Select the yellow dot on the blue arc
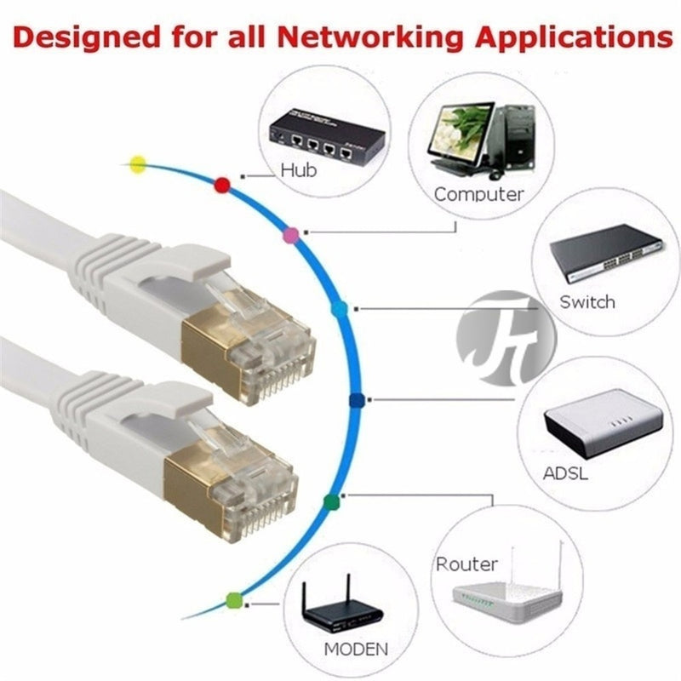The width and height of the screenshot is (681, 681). click(136, 163)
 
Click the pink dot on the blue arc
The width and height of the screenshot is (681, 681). click(290, 233)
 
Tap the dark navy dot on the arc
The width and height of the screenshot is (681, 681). click(357, 399)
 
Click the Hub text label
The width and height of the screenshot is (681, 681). click(298, 170)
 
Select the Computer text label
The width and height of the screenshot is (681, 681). click(479, 194)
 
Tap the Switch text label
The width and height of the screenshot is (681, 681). click(587, 301)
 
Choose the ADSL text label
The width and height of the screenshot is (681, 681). click(565, 473)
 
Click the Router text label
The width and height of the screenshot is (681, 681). click(466, 564)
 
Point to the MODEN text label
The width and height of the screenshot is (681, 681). click(354, 649)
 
